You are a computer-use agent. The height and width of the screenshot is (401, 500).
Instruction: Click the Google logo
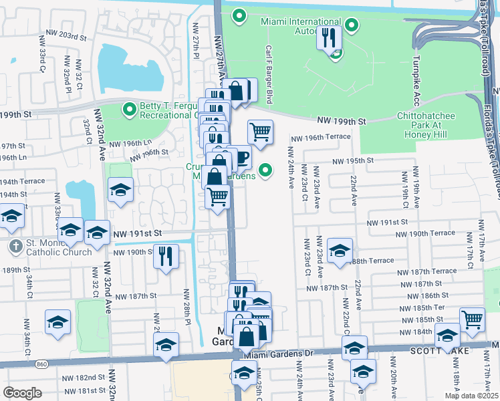[23, 393]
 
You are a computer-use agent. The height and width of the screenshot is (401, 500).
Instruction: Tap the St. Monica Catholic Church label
[59, 247]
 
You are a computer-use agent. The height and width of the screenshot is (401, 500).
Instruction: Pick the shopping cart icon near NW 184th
[472, 319]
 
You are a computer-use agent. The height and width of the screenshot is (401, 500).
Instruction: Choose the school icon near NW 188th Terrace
[340, 251]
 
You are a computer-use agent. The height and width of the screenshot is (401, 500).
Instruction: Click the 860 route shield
[41, 364]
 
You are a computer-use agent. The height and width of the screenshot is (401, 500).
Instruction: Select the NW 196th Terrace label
[320, 138]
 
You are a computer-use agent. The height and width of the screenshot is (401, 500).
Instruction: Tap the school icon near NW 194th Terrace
[120, 190]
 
